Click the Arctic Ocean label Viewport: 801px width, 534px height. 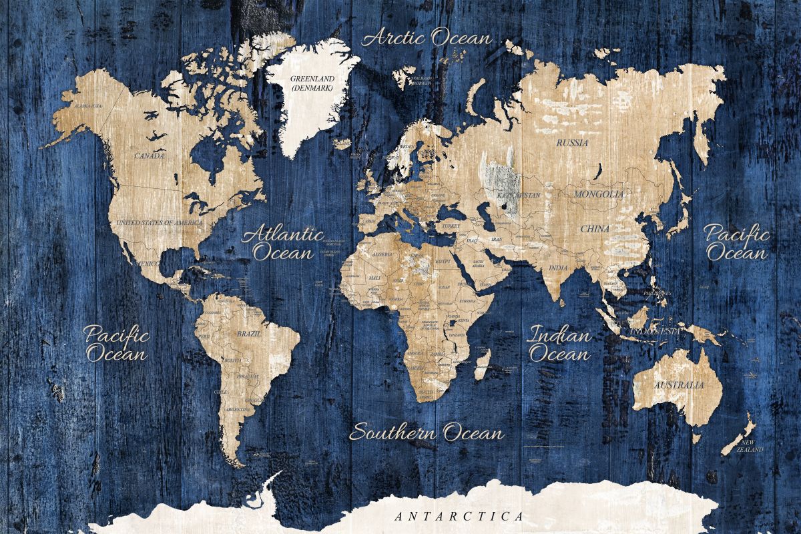pos(427,38)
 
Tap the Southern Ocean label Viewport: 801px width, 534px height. pos(427,433)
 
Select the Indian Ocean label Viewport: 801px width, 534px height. pos(559,344)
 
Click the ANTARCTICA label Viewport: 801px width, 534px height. pos(459,516)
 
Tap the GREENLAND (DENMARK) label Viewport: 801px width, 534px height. pos(312,83)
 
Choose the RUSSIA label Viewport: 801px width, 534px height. pos(572,142)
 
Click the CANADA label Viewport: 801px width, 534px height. pos(150,156)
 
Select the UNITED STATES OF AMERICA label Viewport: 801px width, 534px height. pos(159,222)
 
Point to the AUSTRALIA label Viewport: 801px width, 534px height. pos(678,385)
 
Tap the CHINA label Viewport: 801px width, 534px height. pos(594,228)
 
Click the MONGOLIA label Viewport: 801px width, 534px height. pos(599,194)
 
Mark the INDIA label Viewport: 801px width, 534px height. pos(558,268)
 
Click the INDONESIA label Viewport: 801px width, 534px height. pos(655,331)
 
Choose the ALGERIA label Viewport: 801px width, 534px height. pos(382,254)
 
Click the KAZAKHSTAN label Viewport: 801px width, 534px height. pos(519,195)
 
